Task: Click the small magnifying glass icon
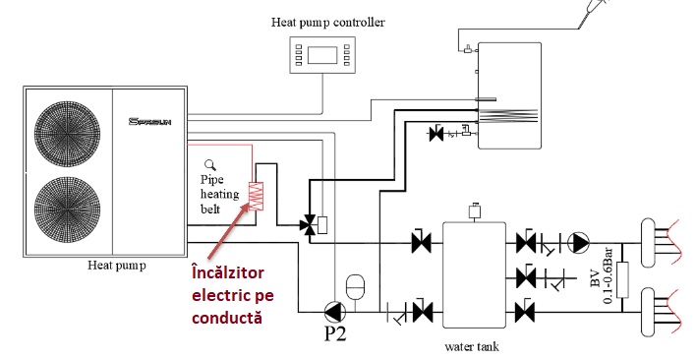coord(209,165)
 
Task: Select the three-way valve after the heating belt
coord(312,225)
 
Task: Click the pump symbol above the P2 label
coord(332,312)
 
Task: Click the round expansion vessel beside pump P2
coord(361,285)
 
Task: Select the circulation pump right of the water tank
coord(582,240)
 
